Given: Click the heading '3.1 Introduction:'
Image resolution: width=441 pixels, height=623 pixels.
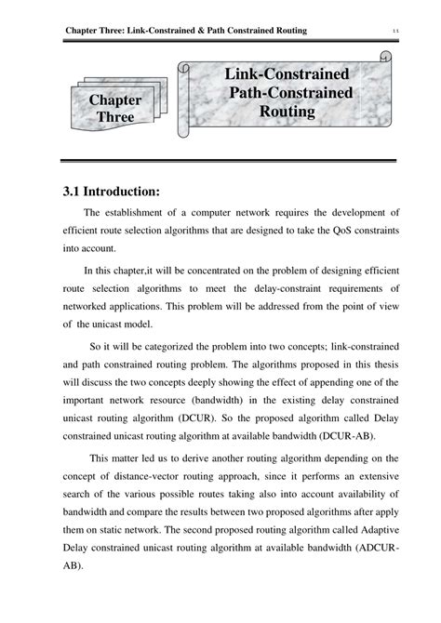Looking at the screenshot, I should [113, 192].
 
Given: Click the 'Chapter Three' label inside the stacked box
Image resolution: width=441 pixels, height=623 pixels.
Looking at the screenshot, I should [115, 109].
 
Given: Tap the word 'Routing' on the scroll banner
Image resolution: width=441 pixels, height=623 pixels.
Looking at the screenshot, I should [287, 112].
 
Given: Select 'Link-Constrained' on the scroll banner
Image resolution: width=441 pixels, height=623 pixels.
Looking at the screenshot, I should [287, 74].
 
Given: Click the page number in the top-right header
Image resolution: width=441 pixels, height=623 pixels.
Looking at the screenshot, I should [396, 32].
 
